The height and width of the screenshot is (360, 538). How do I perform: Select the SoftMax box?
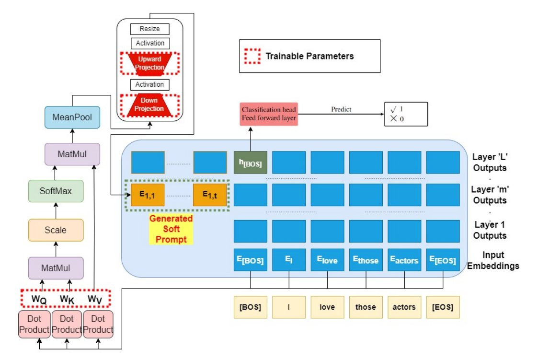click(x=56, y=191)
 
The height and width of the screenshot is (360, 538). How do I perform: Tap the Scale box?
click(x=56, y=230)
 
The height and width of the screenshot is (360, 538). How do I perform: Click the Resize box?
click(x=150, y=29)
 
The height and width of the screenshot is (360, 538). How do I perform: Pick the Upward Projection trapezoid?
click(x=150, y=62)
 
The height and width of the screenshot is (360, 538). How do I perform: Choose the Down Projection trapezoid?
click(x=150, y=105)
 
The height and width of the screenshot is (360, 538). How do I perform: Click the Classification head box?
click(x=269, y=114)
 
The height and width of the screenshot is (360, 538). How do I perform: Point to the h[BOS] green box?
click(x=250, y=162)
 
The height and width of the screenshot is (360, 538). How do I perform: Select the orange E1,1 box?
click(x=148, y=195)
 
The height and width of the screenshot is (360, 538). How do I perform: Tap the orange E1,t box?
click(x=209, y=195)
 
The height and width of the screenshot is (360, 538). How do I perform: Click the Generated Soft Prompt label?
click(x=171, y=229)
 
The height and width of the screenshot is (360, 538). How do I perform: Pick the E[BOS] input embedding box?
click(x=250, y=260)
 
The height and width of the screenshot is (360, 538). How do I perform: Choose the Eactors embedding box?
click(x=404, y=260)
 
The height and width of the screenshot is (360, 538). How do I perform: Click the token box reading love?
click(x=327, y=307)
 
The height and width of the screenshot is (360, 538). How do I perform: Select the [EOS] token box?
click(x=442, y=307)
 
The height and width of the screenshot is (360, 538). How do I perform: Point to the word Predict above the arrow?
click(x=341, y=109)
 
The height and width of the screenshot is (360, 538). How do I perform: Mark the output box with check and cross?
click(x=405, y=114)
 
